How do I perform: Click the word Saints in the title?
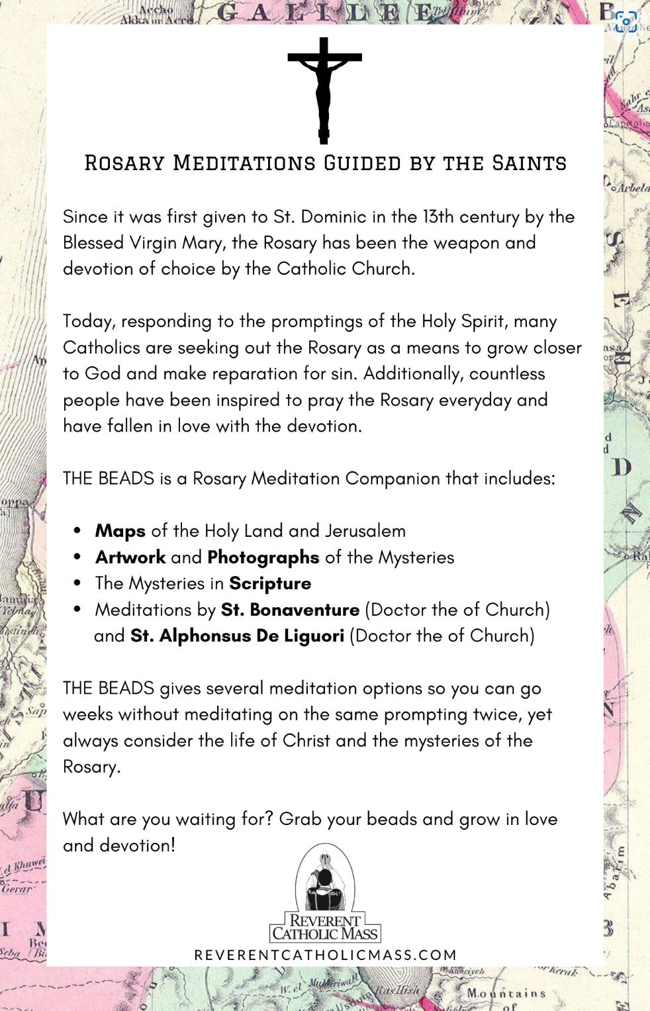pos(529,163)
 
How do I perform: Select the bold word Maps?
pos(120,531)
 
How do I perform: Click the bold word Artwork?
pos(130,557)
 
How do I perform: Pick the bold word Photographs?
pos(263,557)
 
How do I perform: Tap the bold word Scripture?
pos(270,583)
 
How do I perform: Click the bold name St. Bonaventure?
pos(290,610)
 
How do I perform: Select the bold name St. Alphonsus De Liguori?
pos(237,636)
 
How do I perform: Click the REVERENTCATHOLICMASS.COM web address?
pos(325,955)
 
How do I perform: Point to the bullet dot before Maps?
pos(78,531)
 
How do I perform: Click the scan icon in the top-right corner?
pos(626,22)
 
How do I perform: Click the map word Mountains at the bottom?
pos(506,993)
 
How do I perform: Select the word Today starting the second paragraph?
pos(89,322)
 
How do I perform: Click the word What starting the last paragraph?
pos(84,819)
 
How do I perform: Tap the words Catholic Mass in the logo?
pos(325,934)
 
